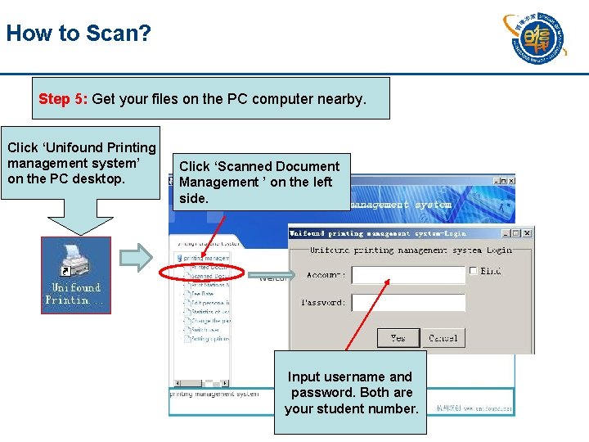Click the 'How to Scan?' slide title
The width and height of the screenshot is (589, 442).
tap(79, 34)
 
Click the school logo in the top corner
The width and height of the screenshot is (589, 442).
tap(533, 37)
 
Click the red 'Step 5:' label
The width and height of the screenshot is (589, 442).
tap(64, 99)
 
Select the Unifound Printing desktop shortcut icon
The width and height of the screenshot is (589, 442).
tap(76, 274)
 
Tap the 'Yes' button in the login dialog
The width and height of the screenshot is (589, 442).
tap(398, 337)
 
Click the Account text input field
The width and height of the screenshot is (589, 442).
tap(407, 275)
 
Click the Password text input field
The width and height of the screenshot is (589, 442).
tap(407, 303)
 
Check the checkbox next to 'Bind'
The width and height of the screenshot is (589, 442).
tap(474, 270)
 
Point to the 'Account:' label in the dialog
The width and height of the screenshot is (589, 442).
tap(326, 276)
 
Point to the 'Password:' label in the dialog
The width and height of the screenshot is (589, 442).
tap(323, 303)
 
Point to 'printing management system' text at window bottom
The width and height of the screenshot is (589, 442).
tap(214, 394)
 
